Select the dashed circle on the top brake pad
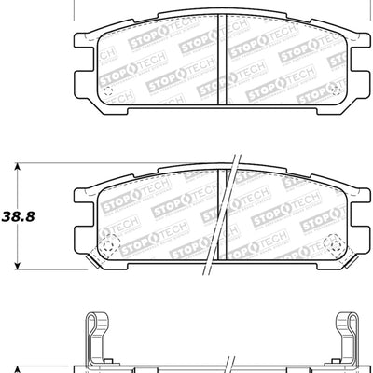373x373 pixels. tap(107, 93)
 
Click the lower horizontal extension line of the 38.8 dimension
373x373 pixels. tap(47, 266)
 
